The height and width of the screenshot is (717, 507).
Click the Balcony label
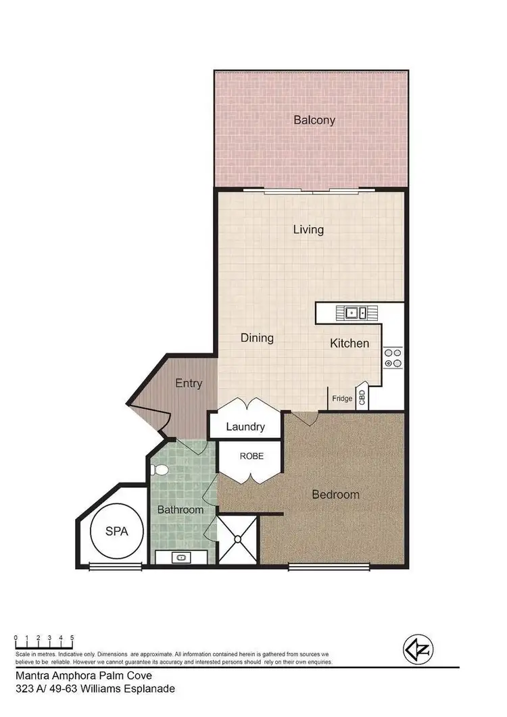point(314,120)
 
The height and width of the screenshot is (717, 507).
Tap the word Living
point(308,229)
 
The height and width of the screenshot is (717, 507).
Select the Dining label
point(257,337)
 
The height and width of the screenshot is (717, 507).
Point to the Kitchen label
point(349,343)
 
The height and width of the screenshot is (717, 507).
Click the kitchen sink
point(356,312)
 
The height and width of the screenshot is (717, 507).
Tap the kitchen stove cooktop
point(393,357)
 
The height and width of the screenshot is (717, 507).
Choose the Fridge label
point(342,399)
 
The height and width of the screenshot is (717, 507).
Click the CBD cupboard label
point(362,397)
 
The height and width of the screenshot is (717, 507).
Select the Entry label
point(189,383)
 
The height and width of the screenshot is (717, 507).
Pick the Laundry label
point(245,426)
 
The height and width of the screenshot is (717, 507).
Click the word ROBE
point(251,456)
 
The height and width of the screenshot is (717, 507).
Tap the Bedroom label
point(335,495)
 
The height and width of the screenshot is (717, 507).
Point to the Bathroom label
point(180,510)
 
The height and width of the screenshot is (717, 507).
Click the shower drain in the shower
point(238,539)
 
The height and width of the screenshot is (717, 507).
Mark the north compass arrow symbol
point(417,650)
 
